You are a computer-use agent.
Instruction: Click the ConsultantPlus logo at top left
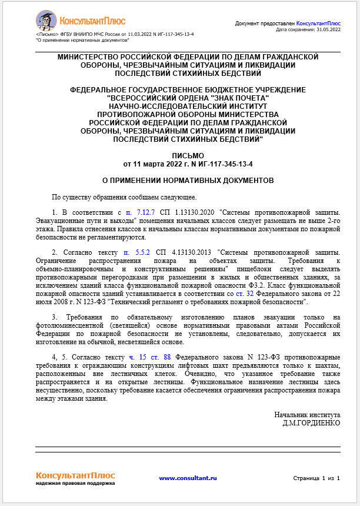click(x=81, y=21)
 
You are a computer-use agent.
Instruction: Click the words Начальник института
click(x=308, y=414)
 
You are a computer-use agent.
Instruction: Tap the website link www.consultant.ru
click(x=188, y=478)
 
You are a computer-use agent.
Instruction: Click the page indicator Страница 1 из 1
click(x=316, y=478)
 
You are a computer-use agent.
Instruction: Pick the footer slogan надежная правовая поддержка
click(x=75, y=484)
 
